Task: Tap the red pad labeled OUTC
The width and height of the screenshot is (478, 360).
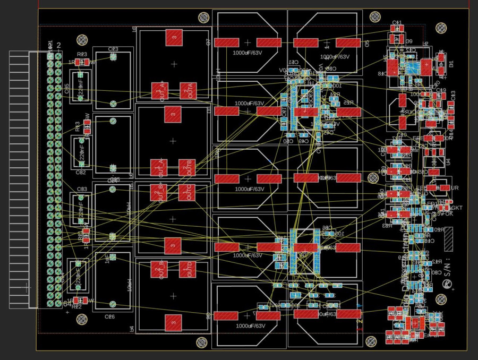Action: [186, 192]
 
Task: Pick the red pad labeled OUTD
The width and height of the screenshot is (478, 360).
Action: [186, 269]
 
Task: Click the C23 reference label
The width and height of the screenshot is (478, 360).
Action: [113, 49]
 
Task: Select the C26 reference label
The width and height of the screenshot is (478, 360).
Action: [109, 316]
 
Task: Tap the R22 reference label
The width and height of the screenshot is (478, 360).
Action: [76, 307]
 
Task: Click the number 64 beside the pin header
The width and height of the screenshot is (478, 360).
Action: [66, 303]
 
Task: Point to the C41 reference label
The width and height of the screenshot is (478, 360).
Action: [397, 23]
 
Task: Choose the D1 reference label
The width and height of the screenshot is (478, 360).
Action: [451, 64]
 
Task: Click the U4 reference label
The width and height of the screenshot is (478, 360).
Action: [448, 161]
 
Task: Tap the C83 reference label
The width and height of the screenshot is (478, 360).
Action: [82, 189]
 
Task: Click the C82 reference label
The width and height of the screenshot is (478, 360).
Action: [81, 173]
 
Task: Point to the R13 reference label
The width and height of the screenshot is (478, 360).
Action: [78, 126]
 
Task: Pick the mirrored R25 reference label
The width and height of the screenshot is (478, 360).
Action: [347, 102]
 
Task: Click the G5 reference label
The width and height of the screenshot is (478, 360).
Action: [366, 43]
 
